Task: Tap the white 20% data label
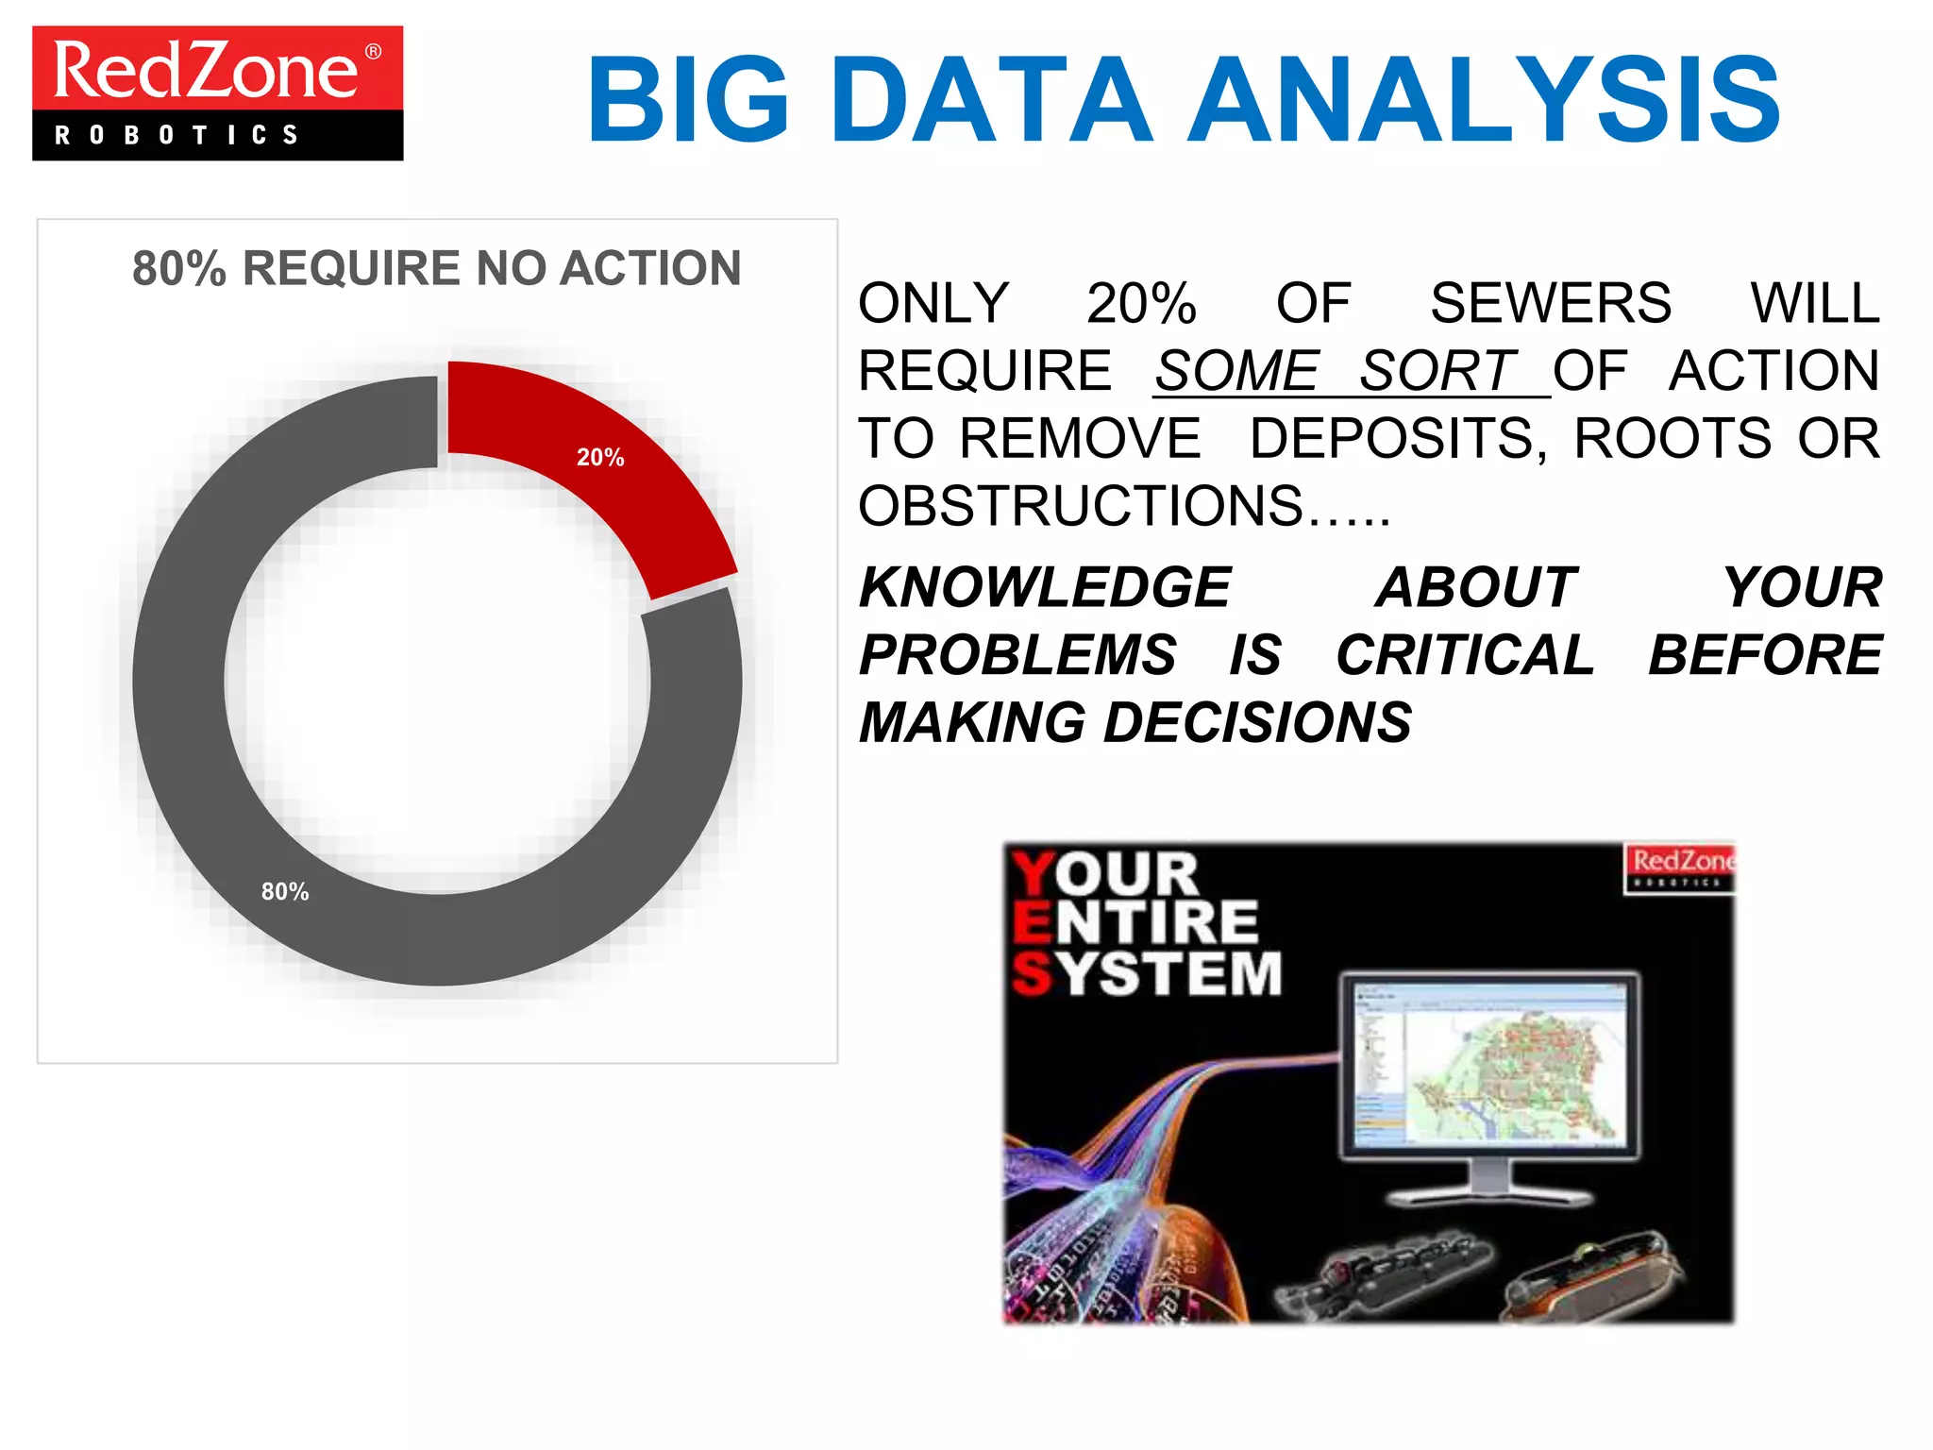tap(600, 458)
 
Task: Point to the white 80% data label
tap(285, 891)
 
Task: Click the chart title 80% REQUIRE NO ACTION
tap(436, 268)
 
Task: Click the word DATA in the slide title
tap(991, 100)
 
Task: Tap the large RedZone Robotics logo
tap(218, 93)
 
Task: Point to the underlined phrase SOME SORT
tap(1336, 371)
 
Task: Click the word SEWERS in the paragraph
tap(1551, 303)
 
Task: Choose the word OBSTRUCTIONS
tap(1082, 506)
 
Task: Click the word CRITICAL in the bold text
tap(1465, 655)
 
